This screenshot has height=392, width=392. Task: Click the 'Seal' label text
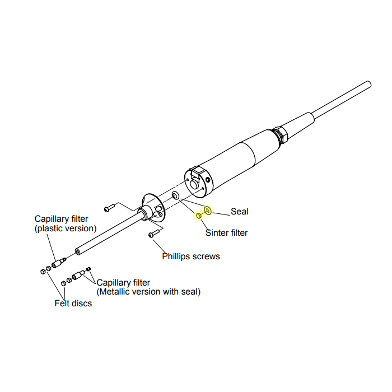[x=239, y=212]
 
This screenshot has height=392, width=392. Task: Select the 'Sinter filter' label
[x=226, y=232]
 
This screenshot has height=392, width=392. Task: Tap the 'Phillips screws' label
[x=191, y=256]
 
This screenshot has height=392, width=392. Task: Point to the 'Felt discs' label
[x=73, y=304]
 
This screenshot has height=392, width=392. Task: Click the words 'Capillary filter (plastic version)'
[x=66, y=223]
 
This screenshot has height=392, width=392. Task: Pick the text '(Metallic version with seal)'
[x=148, y=292]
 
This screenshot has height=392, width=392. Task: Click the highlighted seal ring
[x=208, y=211]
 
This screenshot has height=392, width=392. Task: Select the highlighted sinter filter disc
[x=198, y=216]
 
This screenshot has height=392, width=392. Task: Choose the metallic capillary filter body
[x=78, y=276]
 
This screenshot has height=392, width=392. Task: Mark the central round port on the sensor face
[x=194, y=183]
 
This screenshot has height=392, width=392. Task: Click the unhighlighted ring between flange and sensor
[x=176, y=195]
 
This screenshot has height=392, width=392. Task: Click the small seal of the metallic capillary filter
[x=88, y=270]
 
